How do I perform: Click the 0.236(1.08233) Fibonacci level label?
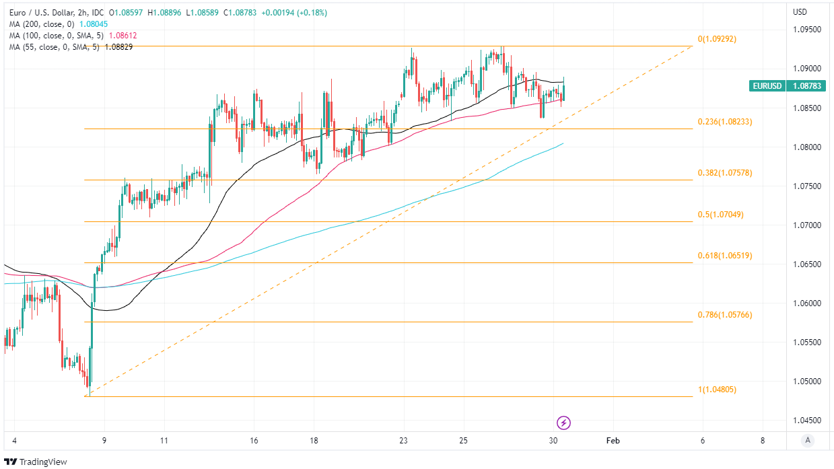coord(725,122)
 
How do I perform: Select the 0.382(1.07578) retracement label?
coord(725,173)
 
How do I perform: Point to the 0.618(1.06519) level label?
coord(725,256)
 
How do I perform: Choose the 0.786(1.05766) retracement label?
coord(725,315)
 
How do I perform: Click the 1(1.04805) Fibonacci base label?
coord(717,389)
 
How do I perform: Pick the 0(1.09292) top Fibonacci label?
coord(717,39)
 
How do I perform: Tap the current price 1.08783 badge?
coord(806,86)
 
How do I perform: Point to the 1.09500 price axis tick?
coord(807,30)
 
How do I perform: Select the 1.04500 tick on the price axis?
coord(807,421)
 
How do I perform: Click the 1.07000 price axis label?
coord(807,225)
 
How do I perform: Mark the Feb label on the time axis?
coord(613,441)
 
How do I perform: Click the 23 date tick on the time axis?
coord(404,441)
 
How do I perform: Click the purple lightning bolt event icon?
coord(564,423)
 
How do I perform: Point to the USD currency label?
coord(800,11)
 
